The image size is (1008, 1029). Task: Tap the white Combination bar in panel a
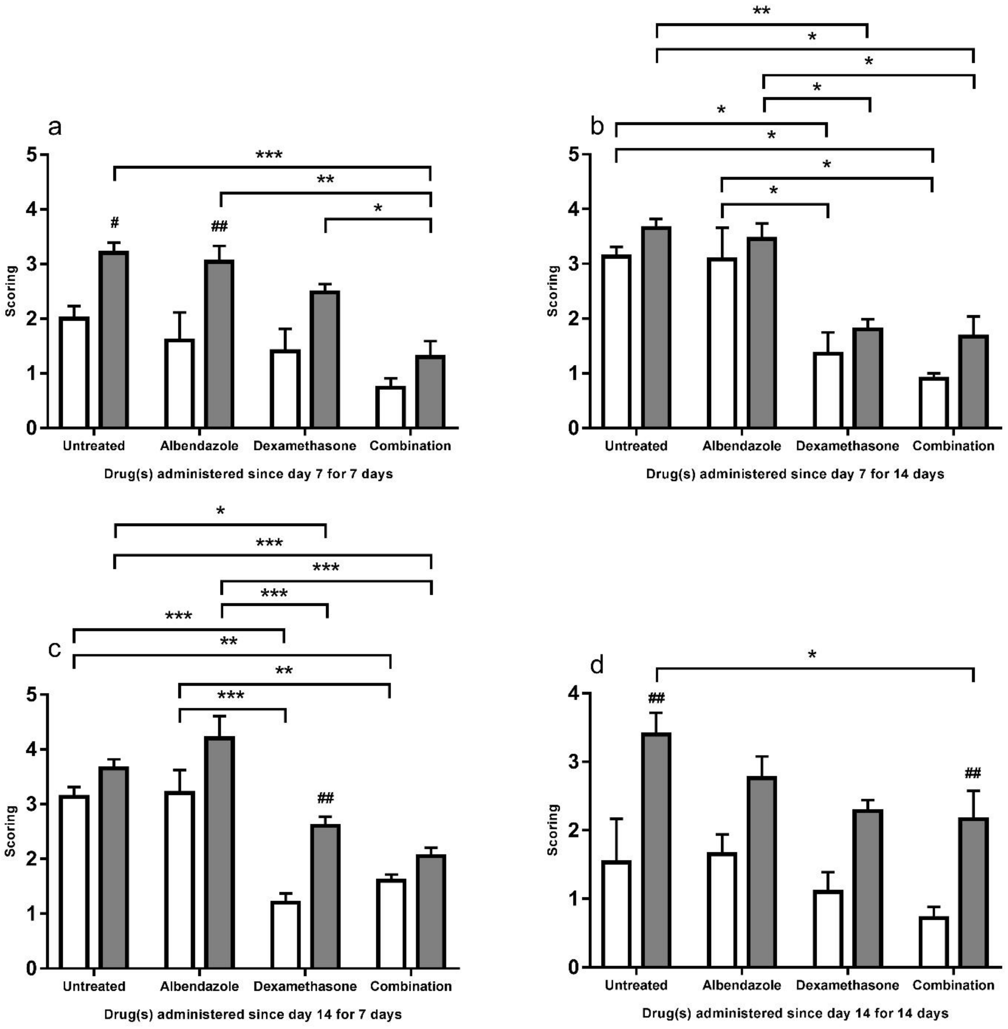tap(391, 407)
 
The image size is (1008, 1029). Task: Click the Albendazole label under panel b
tap(741, 446)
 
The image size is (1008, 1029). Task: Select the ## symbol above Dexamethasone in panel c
tap(326, 798)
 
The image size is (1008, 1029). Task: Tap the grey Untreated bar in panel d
tap(656, 850)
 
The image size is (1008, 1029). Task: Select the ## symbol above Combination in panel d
tap(973, 774)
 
